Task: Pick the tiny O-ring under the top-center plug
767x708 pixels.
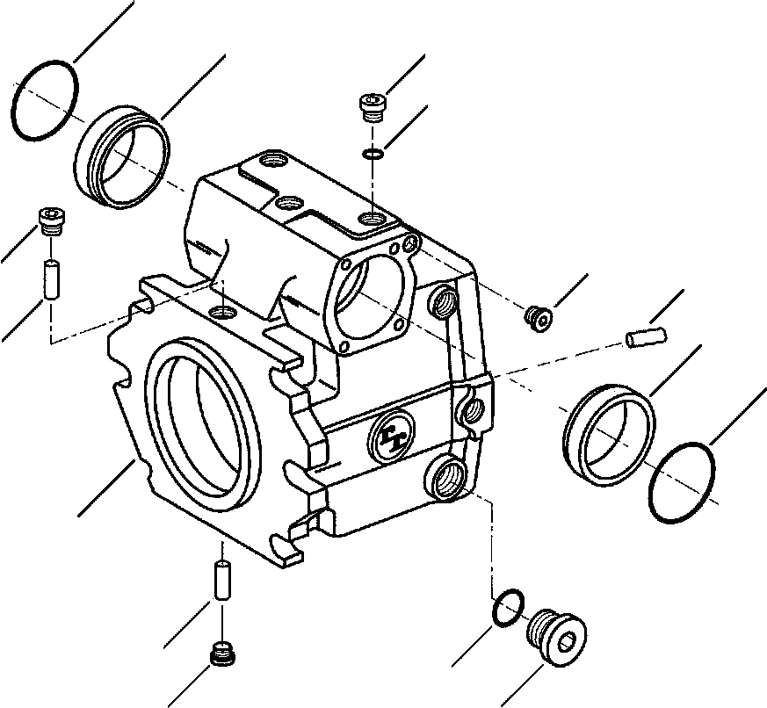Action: [373, 155]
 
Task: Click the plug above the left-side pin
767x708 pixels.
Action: [50, 222]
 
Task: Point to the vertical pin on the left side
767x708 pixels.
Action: [51, 278]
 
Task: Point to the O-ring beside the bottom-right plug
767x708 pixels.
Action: [509, 608]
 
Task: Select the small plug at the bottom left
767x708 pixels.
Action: [224, 655]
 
